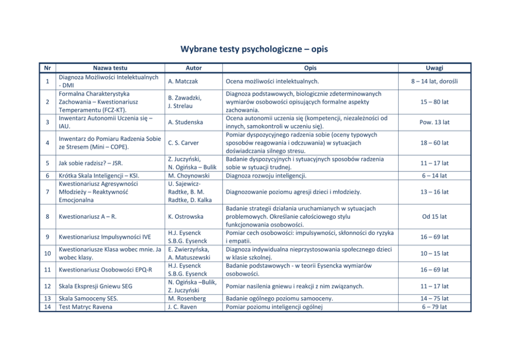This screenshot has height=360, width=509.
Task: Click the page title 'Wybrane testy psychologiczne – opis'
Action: (x=254, y=49)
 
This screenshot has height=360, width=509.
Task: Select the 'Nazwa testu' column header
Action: (x=110, y=68)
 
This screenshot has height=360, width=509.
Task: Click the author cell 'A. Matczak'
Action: (x=184, y=81)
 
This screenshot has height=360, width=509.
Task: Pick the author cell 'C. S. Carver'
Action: (x=183, y=143)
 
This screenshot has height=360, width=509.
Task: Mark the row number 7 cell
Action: (x=47, y=192)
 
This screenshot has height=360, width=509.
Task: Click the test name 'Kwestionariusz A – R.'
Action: (x=88, y=217)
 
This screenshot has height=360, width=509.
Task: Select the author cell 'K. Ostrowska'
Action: (x=185, y=217)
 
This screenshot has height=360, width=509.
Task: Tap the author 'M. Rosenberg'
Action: (x=187, y=298)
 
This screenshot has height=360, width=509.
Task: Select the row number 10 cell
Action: (x=47, y=253)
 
